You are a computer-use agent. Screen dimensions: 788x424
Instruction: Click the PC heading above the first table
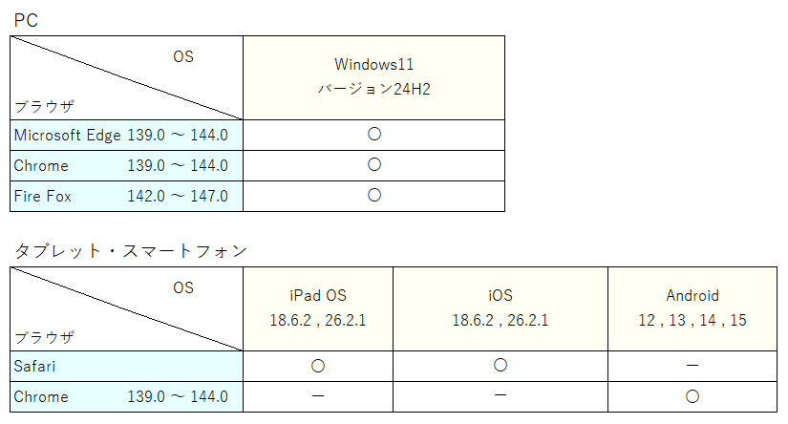(26, 20)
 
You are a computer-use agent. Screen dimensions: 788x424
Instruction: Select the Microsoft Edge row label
(68, 136)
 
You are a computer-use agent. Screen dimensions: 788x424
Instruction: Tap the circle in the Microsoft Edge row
(374, 134)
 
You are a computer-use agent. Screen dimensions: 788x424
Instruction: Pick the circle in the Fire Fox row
(374, 195)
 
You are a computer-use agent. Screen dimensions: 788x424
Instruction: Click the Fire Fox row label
(43, 196)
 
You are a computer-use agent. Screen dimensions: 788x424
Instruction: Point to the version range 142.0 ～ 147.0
(178, 196)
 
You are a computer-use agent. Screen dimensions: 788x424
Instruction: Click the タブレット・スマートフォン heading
(131, 251)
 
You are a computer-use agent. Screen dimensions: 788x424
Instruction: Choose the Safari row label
(34, 367)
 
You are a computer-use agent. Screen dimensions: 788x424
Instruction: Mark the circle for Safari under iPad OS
(318, 366)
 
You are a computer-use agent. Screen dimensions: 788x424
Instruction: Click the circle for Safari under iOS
(500, 365)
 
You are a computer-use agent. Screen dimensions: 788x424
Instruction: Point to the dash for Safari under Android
(692, 365)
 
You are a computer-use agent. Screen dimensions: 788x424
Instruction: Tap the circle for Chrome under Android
(692, 396)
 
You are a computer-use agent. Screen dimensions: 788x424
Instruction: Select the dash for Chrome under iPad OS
(318, 396)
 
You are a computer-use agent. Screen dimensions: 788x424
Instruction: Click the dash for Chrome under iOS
(500, 395)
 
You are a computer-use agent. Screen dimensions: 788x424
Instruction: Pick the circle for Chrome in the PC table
(374, 164)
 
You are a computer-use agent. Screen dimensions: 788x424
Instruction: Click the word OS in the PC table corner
(183, 56)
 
